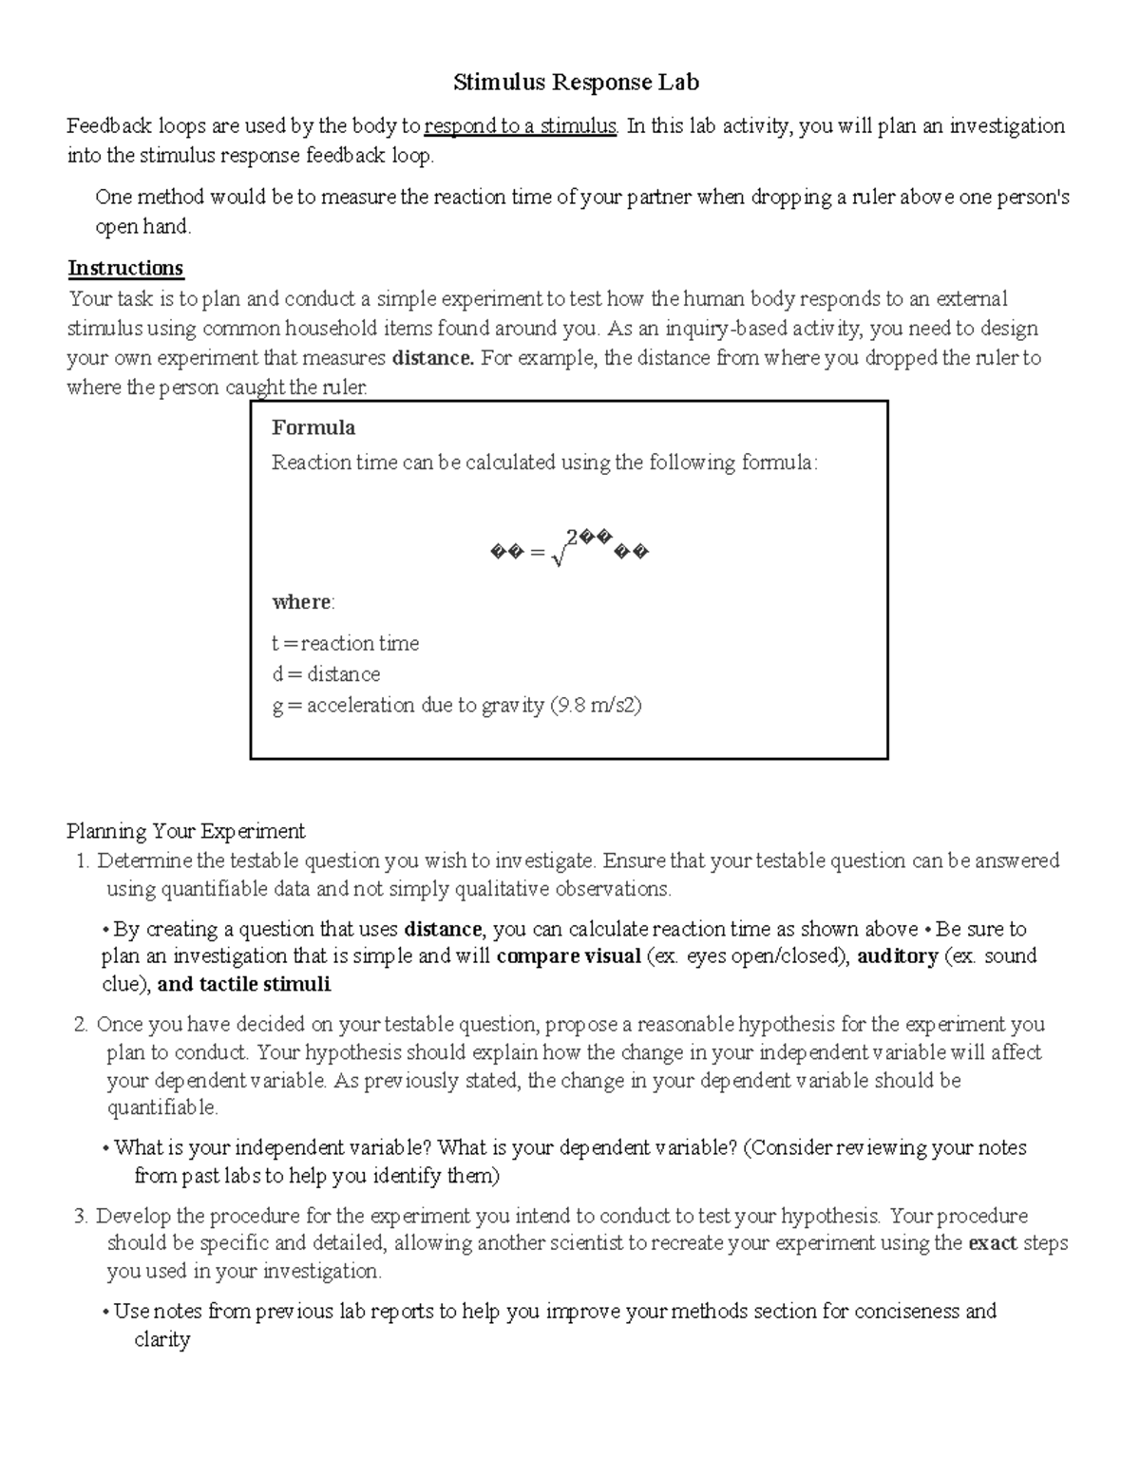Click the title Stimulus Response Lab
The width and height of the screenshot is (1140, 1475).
pos(576,83)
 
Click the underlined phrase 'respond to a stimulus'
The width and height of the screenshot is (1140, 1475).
pos(521,126)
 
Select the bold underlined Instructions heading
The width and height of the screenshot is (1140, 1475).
pos(125,268)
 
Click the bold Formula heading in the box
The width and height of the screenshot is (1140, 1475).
pos(313,427)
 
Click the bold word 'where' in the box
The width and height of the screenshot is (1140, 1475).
pos(302,602)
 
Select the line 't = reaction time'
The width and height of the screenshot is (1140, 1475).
pos(345,644)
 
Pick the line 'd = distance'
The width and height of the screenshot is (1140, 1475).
pos(326,674)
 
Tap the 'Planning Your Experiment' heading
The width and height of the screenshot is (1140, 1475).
pos(186,832)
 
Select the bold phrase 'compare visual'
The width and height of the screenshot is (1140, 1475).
pos(568,956)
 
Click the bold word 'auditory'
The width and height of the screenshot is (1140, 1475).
pos(897,956)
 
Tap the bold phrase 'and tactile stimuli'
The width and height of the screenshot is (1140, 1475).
pos(244,985)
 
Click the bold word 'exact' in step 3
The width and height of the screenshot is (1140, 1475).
pos(992,1243)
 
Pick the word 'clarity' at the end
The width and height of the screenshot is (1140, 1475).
pos(162,1340)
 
